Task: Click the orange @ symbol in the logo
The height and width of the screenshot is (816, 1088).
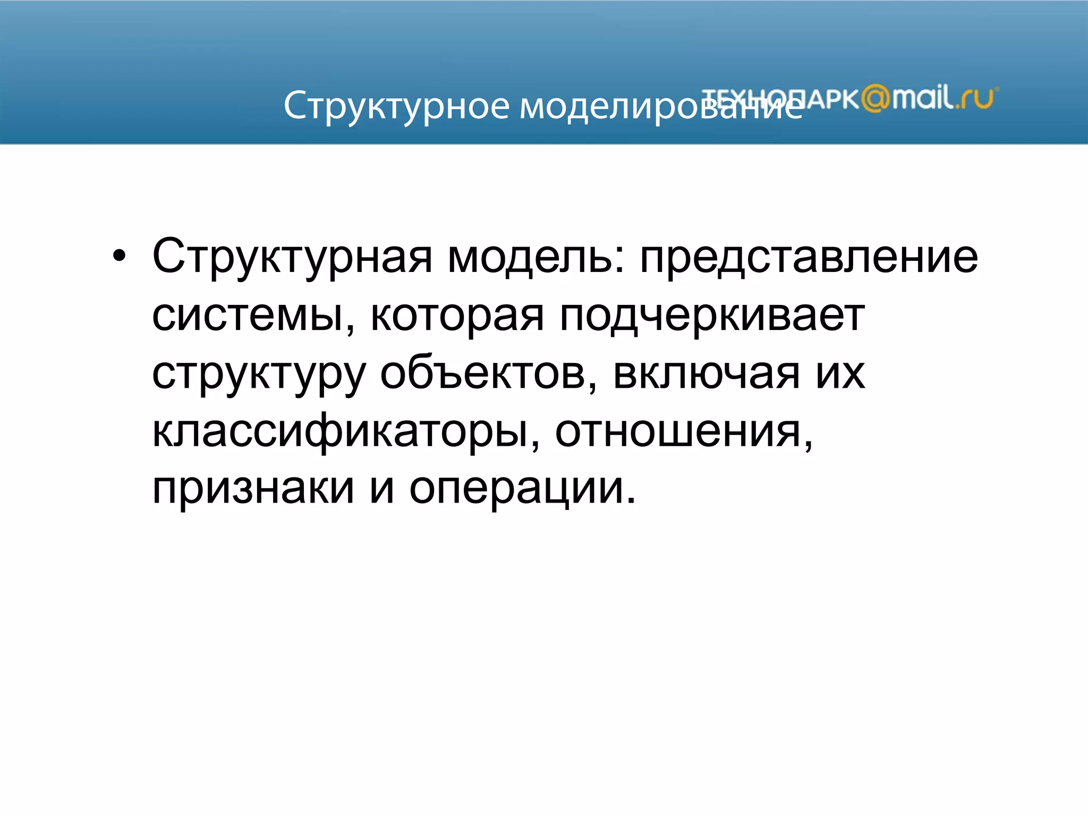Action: [875, 99]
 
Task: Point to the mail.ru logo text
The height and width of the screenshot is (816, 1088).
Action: [943, 98]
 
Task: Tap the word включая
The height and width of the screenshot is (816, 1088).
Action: [706, 373]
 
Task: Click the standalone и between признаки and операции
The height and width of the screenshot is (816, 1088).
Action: [382, 488]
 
